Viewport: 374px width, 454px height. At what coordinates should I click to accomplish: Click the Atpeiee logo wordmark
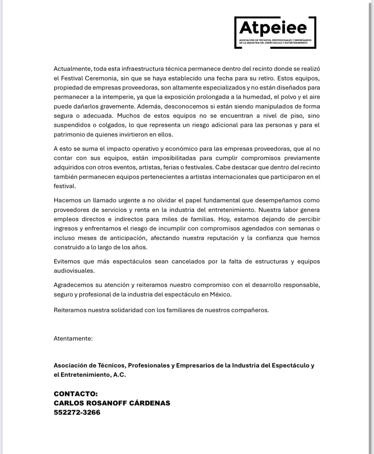pos(273,28)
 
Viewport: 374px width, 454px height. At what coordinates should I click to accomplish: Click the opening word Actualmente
pos(72,69)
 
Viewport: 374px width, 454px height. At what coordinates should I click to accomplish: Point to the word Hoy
pos(224,219)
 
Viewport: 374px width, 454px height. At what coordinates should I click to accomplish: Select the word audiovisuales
pos(74,271)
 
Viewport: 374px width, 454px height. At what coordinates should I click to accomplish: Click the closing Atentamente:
pos(73,338)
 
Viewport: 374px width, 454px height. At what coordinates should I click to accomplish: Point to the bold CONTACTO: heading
pos(76,394)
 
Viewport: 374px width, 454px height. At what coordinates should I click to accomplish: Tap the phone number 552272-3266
pos(77,412)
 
